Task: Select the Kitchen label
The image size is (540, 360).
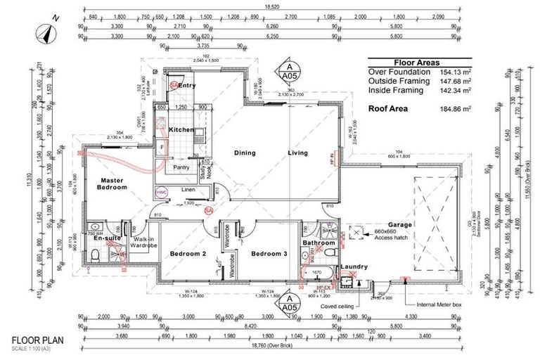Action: [181, 130]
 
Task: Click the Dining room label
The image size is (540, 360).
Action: [245, 152]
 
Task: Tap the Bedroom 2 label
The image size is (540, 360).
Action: [188, 253]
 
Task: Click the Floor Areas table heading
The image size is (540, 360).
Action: [418, 61]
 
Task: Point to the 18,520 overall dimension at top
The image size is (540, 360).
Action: [272, 6]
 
